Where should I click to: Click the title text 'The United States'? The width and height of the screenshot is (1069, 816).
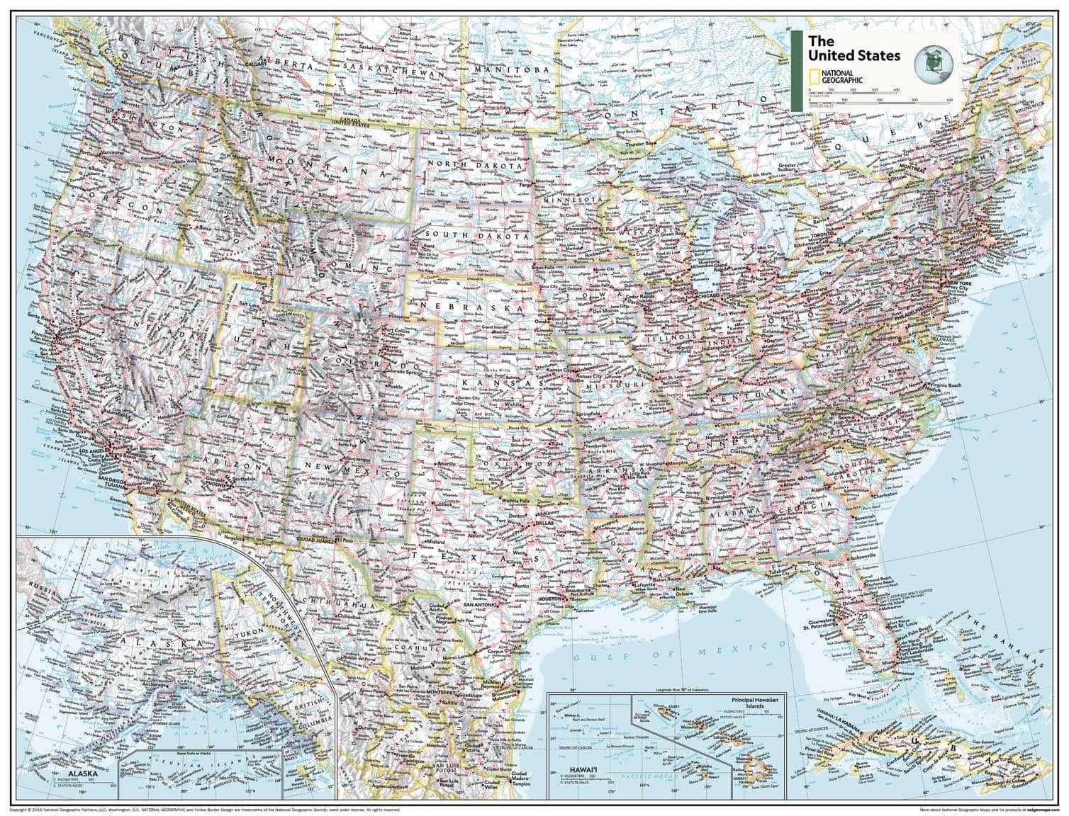853,48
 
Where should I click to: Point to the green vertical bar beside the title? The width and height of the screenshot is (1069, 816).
796,71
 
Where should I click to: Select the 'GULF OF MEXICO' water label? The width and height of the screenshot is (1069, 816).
681,647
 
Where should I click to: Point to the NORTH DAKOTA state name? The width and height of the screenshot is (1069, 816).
468,164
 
